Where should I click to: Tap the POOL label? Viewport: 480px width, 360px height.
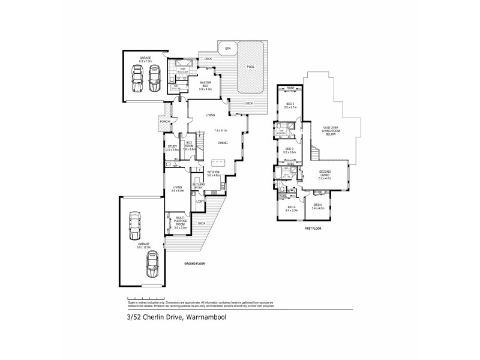(251, 67)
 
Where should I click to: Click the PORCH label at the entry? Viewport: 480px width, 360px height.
(164, 122)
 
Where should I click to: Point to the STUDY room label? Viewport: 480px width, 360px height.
(172, 147)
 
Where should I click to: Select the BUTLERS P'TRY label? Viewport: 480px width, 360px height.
(199, 186)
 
